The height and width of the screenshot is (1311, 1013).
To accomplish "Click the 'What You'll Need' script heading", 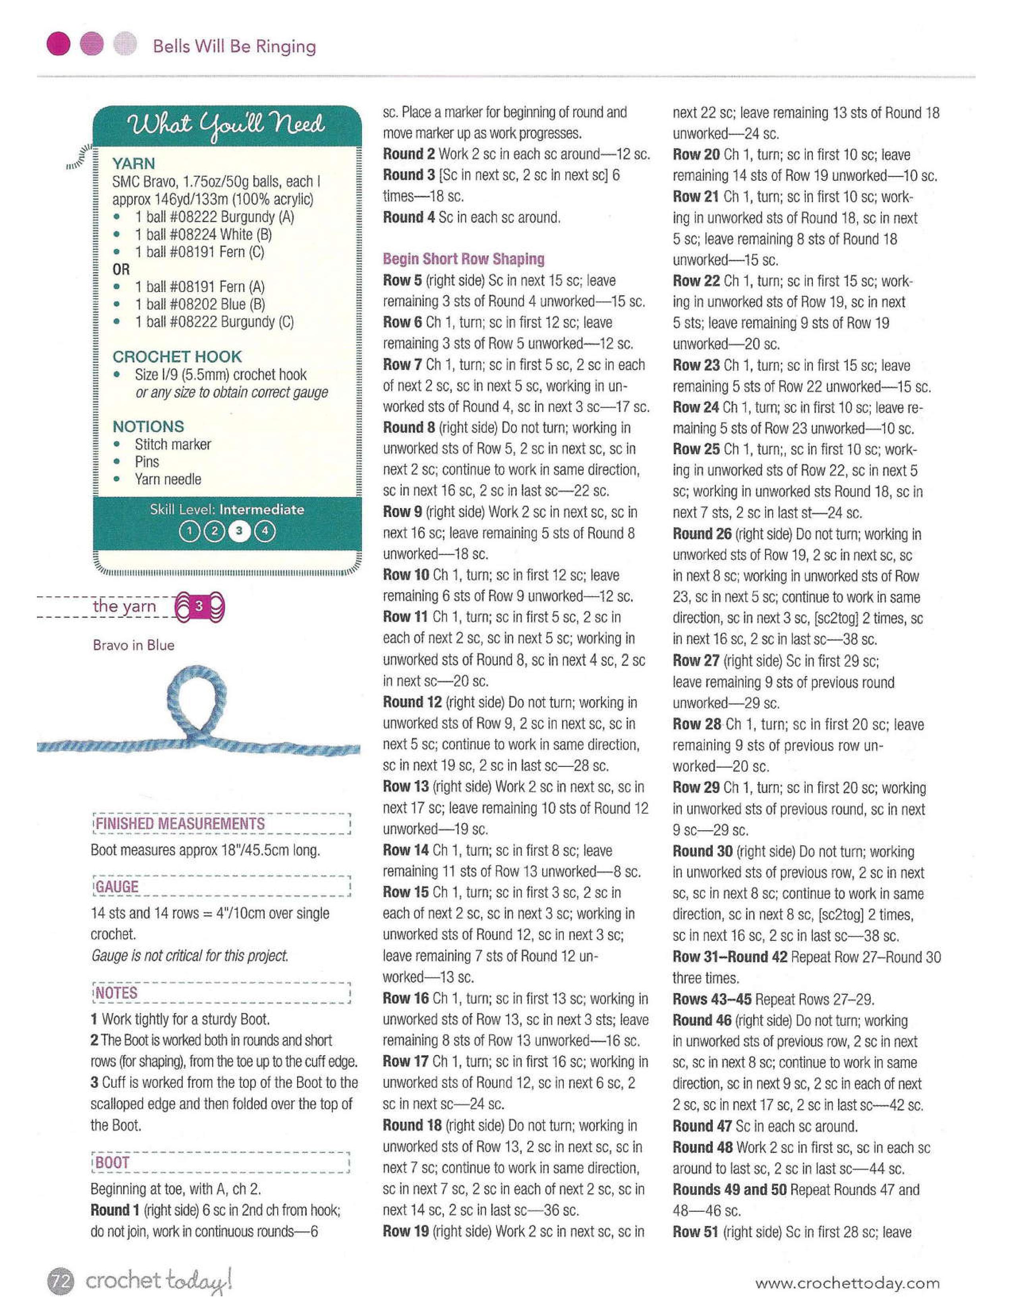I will pos(227,126).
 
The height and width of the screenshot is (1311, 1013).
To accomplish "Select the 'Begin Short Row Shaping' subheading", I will pos(463,259).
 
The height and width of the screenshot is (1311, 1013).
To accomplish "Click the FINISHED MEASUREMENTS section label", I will pos(180,824).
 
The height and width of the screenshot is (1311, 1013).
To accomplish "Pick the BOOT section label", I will pos(113,1163).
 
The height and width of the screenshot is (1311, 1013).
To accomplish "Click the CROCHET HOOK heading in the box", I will pos(177,357).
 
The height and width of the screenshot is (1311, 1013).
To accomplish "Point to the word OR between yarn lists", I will pos(121,269).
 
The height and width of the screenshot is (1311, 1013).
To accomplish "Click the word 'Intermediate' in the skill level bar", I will pos(262,510).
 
